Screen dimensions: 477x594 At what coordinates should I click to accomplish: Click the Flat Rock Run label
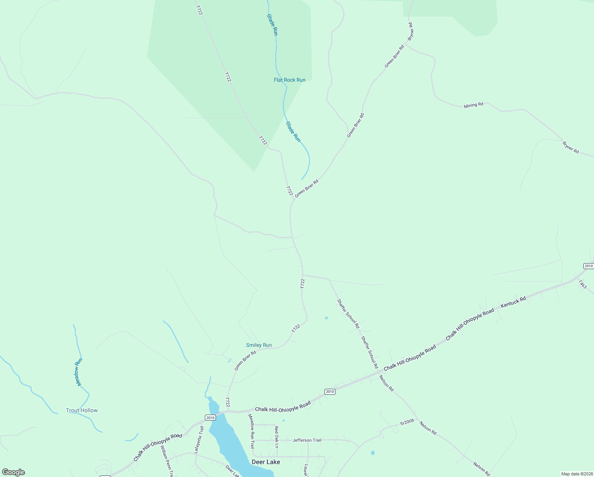[x=289, y=80]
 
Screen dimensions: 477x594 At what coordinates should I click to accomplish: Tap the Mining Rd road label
[x=473, y=105]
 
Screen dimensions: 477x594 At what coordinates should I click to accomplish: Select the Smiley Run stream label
[x=259, y=345]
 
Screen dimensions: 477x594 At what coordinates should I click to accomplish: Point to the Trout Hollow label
[x=82, y=410]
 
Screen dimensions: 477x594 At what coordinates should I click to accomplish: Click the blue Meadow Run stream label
[x=79, y=372]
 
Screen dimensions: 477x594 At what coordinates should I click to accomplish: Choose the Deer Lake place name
[x=266, y=462]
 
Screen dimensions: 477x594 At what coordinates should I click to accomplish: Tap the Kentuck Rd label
[x=513, y=302]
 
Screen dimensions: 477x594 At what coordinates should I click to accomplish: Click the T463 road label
[x=582, y=284]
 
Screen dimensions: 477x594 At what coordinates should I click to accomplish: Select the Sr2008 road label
[x=407, y=422]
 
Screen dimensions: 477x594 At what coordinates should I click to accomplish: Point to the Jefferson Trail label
[x=307, y=440]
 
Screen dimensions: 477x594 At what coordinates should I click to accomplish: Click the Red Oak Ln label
[x=276, y=437]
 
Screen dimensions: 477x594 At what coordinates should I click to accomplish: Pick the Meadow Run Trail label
[x=251, y=431]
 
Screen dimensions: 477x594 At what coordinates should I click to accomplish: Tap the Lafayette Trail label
[x=199, y=440]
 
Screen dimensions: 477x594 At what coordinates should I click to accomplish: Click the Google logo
[x=13, y=472]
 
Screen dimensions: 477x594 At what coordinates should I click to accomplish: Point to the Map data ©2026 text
[x=577, y=474]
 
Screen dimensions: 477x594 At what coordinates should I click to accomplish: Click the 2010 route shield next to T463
[x=588, y=266]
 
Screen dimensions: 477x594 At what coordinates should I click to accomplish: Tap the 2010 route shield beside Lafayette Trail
[x=210, y=417]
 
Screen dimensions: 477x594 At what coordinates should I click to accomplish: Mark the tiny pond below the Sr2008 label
[x=372, y=453]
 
